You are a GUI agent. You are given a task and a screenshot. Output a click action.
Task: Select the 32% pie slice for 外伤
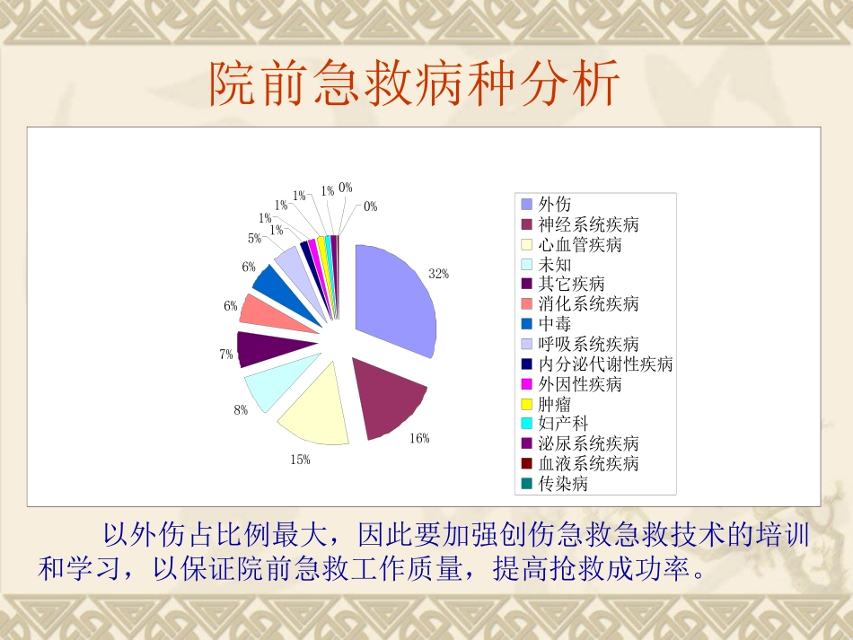[395, 301]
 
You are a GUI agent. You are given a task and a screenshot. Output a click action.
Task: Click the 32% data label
[438, 274]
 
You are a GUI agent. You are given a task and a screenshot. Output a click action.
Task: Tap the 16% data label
[419, 438]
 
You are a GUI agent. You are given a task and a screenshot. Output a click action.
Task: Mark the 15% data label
[300, 460]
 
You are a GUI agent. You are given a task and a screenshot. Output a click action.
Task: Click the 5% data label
[255, 239]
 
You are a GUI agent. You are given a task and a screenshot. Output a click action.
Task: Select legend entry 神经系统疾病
[588, 224]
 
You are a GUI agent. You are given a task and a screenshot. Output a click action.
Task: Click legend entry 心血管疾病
[579, 244]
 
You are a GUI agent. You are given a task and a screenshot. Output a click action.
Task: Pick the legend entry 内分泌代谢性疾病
[605, 364]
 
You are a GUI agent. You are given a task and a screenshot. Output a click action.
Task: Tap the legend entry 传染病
[562, 483]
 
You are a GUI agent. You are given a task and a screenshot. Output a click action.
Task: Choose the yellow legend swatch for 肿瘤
[527, 404]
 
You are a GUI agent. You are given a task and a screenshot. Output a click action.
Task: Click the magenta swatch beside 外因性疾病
[527, 384]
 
